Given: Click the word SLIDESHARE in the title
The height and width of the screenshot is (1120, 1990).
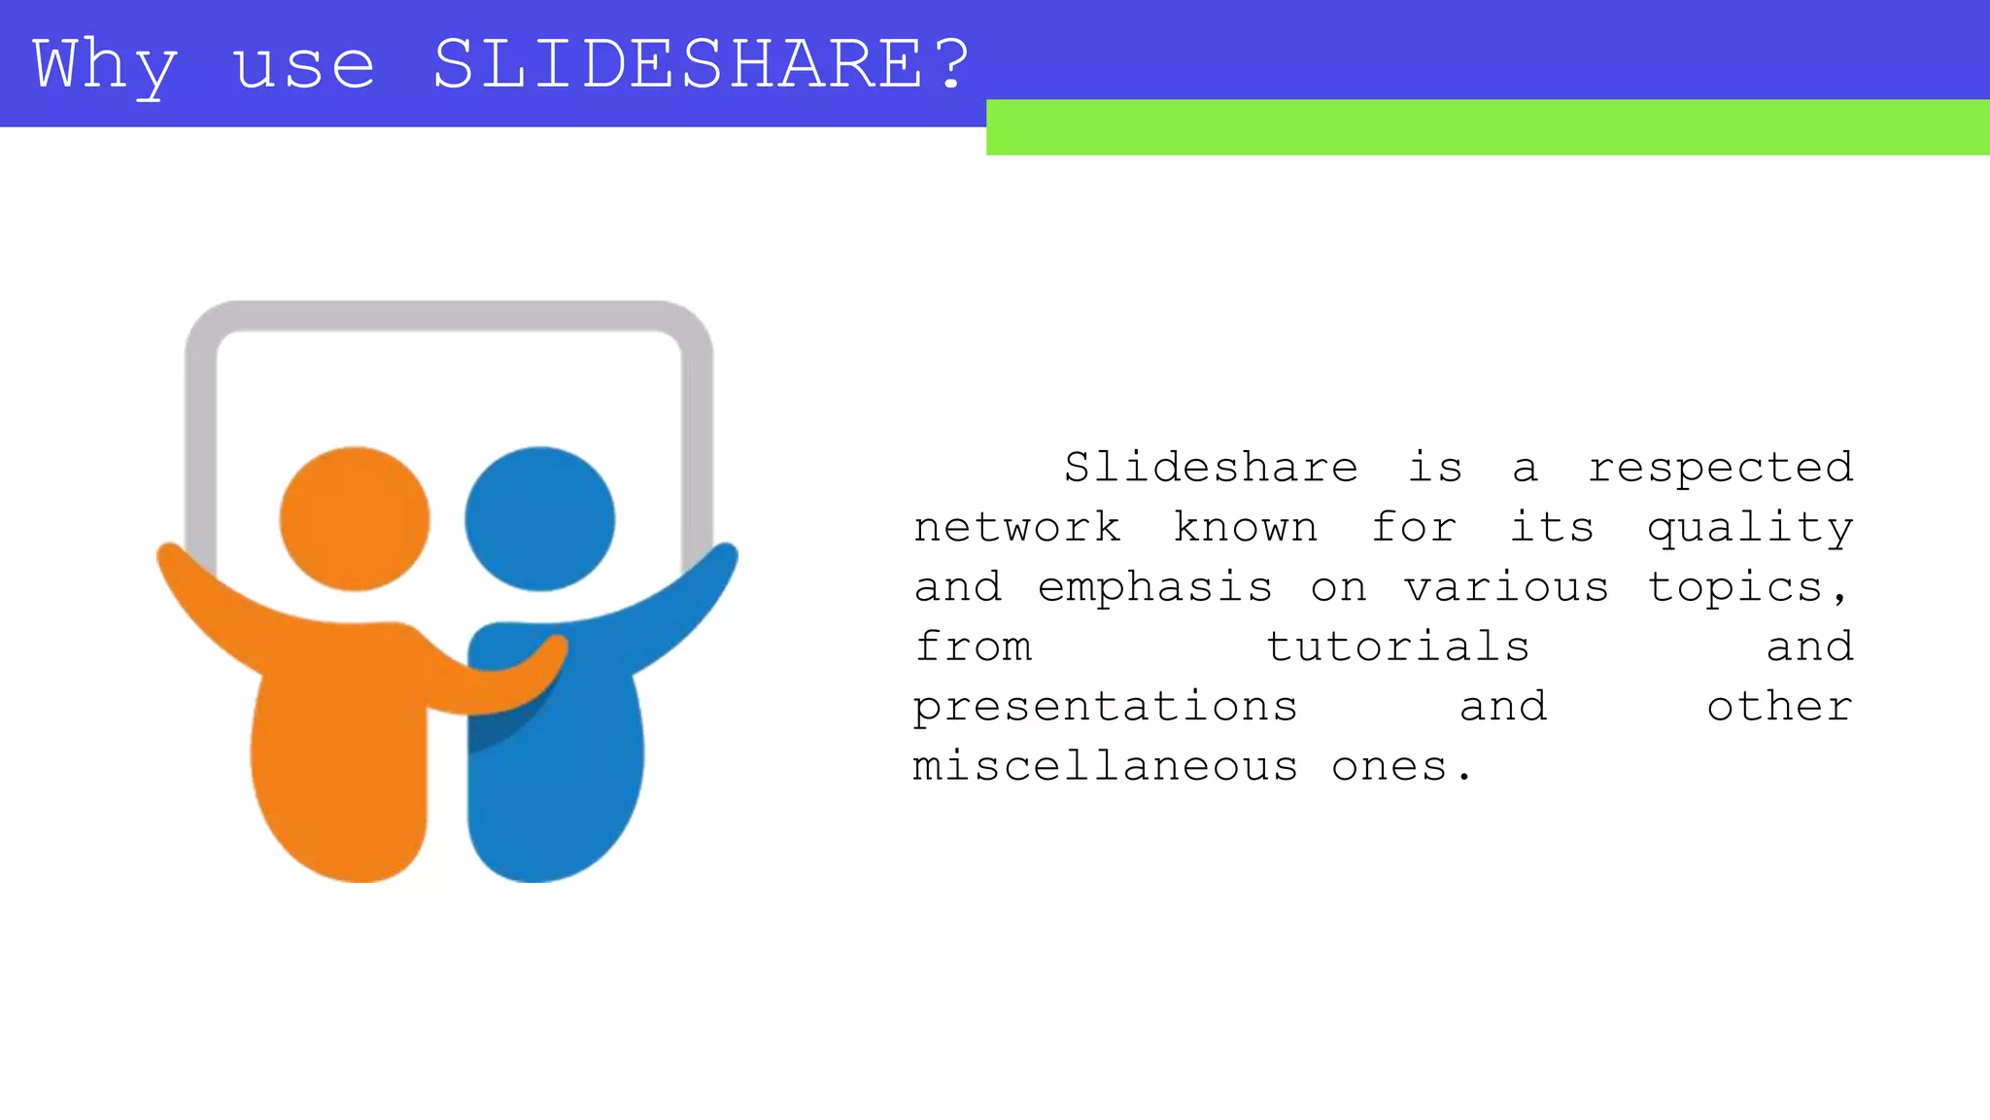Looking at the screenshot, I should [677, 64].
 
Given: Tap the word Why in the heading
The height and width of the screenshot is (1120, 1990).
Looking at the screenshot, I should [105, 66].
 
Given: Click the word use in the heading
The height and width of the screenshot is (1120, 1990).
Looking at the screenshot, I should [303, 66].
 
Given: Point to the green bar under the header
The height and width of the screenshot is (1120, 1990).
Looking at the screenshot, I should [1487, 127].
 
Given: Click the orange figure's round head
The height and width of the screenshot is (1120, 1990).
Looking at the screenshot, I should [355, 518].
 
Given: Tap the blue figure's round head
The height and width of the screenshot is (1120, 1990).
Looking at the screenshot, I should [539, 518].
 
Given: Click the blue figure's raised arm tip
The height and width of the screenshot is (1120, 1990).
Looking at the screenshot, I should [724, 558].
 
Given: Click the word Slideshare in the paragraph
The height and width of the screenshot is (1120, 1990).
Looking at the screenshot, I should [1211, 468].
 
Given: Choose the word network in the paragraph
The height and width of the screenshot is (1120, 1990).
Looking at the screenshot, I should [1016, 528].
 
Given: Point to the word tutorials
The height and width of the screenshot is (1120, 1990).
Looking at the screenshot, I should [1397, 647].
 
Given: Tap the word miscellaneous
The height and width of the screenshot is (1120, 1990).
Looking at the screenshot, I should [1105, 767].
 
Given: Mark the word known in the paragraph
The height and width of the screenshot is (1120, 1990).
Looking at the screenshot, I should [1245, 528].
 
